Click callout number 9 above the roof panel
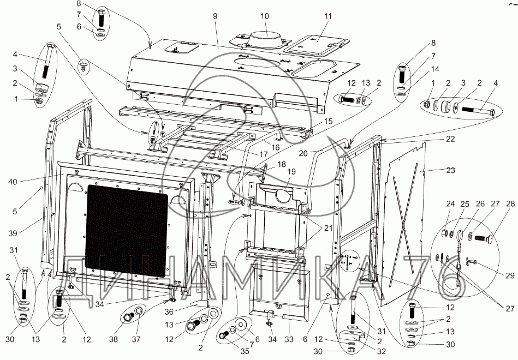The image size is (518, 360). [x=215, y=17]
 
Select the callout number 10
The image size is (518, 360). [x=265, y=16]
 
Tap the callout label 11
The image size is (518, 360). [x=328, y=17]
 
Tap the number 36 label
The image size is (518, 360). [x=169, y=312]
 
